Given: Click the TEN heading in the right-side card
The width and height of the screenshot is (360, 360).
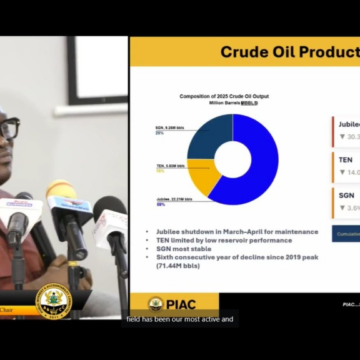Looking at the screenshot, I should coord(345,158).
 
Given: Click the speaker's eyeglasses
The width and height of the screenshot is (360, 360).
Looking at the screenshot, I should coord(8,129).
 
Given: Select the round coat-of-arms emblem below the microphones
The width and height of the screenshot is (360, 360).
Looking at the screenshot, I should coord(53,300).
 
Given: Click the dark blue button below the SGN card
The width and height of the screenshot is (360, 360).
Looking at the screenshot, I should coord(346,233).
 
